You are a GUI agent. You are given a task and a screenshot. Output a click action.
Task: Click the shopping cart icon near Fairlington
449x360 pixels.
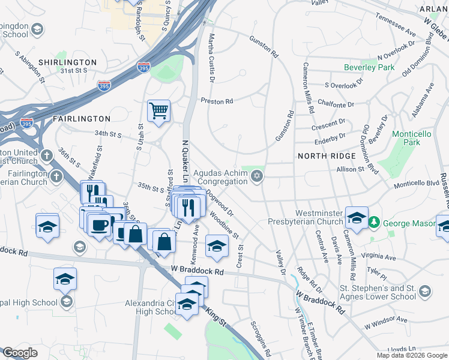(158, 110)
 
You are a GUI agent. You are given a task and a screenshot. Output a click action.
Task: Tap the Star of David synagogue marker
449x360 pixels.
(257, 176)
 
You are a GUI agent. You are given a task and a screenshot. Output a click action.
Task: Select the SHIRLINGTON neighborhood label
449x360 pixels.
(67, 62)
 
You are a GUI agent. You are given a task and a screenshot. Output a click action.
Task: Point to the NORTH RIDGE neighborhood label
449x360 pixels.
(322, 156)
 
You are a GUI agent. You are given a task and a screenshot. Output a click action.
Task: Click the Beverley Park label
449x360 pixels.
(369, 67)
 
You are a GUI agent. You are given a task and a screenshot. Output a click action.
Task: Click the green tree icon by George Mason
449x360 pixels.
(374, 223)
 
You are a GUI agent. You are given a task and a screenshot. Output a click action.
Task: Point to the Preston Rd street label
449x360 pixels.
(217, 101)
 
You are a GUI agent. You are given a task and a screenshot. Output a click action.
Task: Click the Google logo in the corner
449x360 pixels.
(20, 353)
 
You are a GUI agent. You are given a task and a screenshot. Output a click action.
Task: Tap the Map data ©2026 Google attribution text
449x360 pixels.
(411, 355)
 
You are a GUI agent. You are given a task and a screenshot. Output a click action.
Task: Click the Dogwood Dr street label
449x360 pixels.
(218, 204)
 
